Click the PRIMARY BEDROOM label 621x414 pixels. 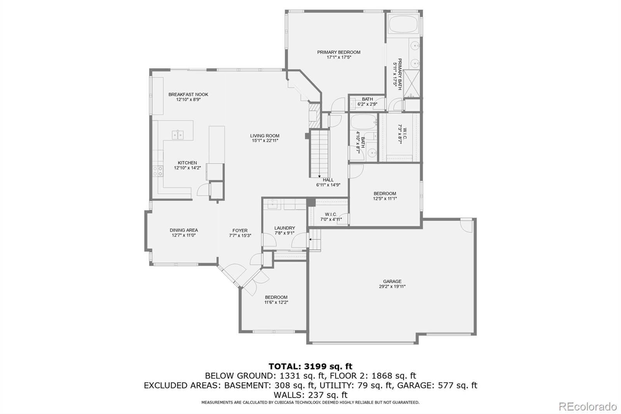pyautogui.click(x=338, y=52)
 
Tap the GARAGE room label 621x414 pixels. pyautogui.click(x=392, y=281)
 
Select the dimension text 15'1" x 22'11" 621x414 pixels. pyautogui.click(x=265, y=141)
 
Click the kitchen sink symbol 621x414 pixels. pyautogui.click(x=178, y=134)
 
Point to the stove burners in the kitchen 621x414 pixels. pyautogui.click(x=158, y=171)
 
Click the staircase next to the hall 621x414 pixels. pyautogui.click(x=319, y=153)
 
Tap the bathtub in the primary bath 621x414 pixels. pyautogui.click(x=403, y=24)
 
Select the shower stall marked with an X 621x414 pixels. pyautogui.click(x=411, y=83)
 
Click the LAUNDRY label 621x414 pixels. pyautogui.click(x=284, y=228)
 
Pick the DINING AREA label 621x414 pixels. pyautogui.click(x=184, y=230)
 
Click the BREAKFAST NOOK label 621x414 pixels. pyautogui.click(x=188, y=94)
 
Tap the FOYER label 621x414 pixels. pyautogui.click(x=240, y=230)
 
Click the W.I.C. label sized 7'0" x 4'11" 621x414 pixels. pyautogui.click(x=331, y=214)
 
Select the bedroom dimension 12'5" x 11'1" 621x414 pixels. pyautogui.click(x=385, y=198)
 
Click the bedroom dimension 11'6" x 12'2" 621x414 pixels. pyautogui.click(x=276, y=302)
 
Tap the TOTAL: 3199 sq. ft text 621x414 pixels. pyautogui.click(x=310, y=366)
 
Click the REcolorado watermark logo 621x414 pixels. pyautogui.click(x=587, y=406)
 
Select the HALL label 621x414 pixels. pyautogui.click(x=328, y=180)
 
